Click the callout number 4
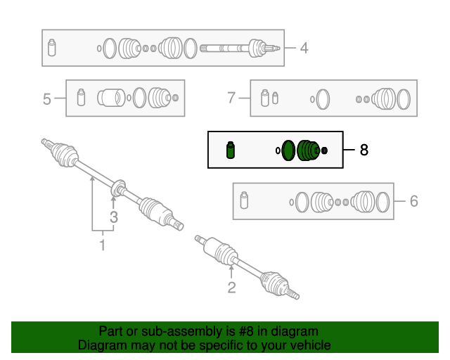[x=304, y=48]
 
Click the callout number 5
[x=47, y=99]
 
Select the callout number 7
[x=231, y=98]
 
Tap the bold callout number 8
[x=364, y=150]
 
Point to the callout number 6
[x=413, y=201]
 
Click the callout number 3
[x=114, y=217]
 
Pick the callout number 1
[x=103, y=245]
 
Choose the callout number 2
[x=231, y=288]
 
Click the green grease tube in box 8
[x=231, y=150]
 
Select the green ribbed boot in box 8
[x=308, y=150]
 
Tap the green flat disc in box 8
[x=288, y=150]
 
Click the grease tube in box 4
[x=51, y=48]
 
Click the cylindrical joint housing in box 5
[x=111, y=98]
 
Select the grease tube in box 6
[x=244, y=200]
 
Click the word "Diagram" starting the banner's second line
[x=103, y=345]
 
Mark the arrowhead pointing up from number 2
[x=231, y=268]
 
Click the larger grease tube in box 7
[x=264, y=98]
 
